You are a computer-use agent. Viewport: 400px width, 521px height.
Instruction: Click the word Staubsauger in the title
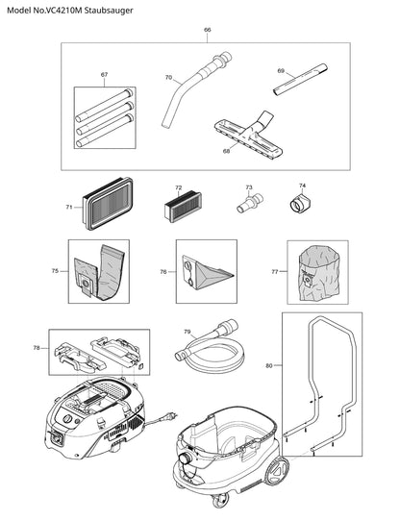(109, 11)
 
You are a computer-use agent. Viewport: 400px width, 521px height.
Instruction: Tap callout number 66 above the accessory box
(207, 30)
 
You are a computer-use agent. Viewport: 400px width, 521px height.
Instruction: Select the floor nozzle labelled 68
(248, 136)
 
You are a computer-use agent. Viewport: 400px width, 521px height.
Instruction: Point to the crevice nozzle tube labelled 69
(301, 80)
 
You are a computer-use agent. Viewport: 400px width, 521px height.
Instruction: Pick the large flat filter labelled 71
(108, 204)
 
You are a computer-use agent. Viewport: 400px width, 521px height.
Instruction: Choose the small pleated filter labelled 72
(183, 208)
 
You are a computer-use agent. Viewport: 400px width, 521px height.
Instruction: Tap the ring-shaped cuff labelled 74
(299, 203)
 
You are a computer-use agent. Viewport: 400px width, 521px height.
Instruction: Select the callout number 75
(55, 271)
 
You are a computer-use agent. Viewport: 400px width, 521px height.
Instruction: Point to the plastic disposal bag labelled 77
(319, 272)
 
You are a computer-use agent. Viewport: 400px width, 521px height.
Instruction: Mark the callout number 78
(37, 348)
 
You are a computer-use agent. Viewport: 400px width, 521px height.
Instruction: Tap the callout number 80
(269, 365)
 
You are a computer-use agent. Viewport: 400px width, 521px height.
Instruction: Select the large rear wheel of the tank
(277, 472)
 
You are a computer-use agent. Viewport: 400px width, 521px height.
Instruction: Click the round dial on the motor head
(67, 419)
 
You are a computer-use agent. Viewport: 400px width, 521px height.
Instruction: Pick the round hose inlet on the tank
(185, 459)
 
